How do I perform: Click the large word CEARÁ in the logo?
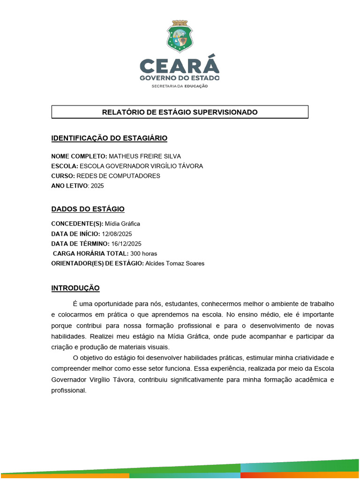click(180, 66)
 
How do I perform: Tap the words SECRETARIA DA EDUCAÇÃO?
click(180, 86)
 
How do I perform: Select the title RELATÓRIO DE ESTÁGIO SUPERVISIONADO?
click(180, 112)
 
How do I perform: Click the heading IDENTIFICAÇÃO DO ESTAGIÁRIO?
click(109, 138)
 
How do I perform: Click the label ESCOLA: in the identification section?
click(65, 166)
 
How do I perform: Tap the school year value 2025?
click(97, 186)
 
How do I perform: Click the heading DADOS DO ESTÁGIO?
click(88, 209)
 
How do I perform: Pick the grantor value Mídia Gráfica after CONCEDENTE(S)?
click(122, 224)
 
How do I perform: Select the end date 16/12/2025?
click(127, 244)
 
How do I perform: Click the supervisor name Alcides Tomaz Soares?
click(175, 263)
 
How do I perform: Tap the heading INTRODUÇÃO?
click(75, 288)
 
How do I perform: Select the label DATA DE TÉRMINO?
click(80, 244)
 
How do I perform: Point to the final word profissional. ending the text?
click(69, 390)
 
